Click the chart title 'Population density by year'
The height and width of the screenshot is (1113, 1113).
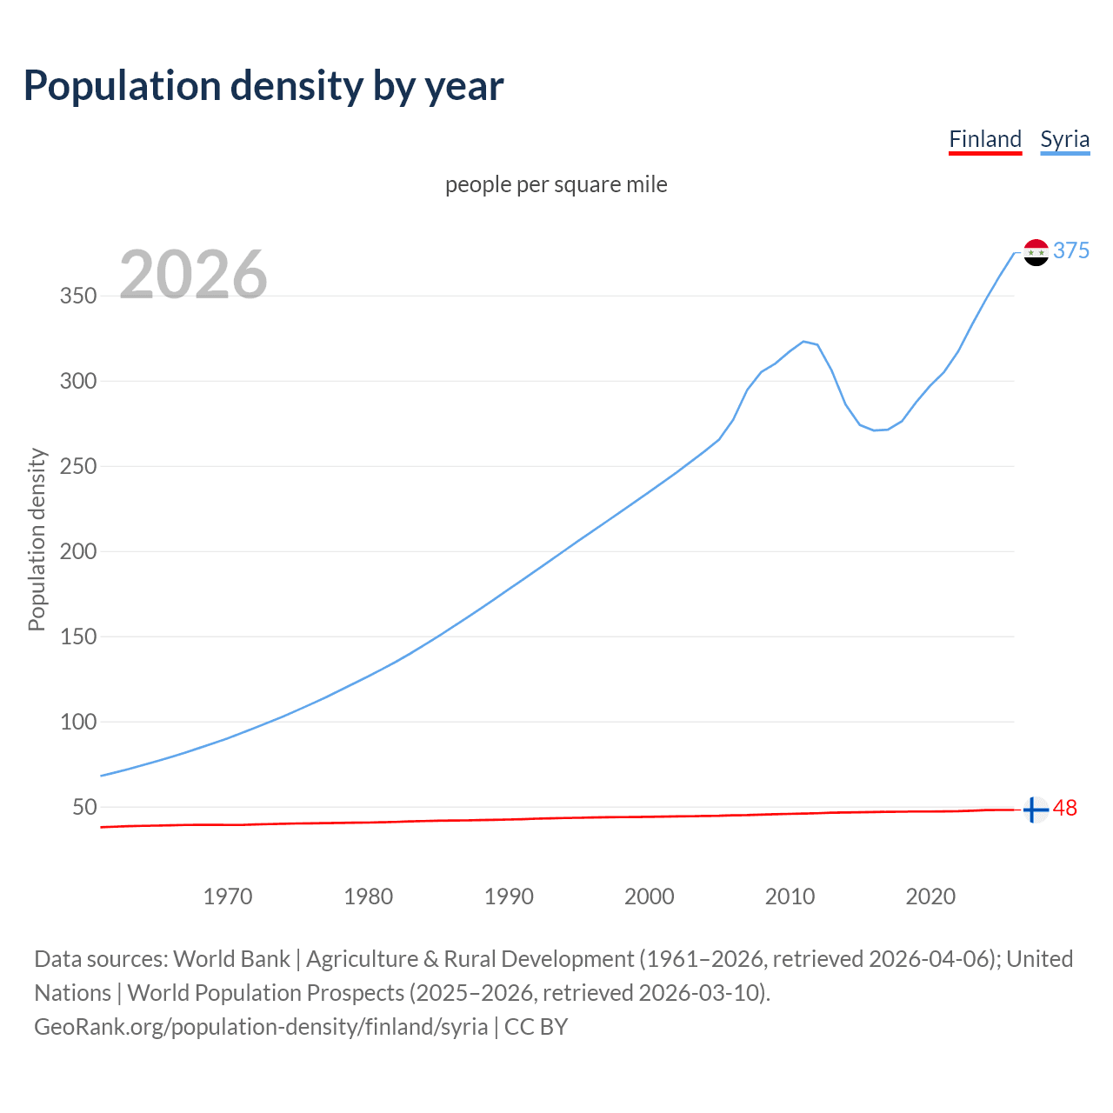coord(263,86)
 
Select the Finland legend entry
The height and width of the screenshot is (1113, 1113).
coord(984,139)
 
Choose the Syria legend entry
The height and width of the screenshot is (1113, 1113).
coord(1064,139)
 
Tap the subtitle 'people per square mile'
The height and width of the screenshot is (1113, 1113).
coord(556,184)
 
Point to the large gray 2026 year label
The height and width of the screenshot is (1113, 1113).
coord(193,275)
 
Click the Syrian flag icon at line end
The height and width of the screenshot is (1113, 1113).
coord(1036,252)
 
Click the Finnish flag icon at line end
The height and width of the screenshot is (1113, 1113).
coord(1035,810)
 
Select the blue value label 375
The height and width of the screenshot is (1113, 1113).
coord(1070,250)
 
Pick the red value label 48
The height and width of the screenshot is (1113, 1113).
coord(1064,809)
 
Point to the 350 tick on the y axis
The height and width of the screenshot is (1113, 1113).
coord(77,296)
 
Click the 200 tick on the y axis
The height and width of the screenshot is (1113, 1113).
coord(77,551)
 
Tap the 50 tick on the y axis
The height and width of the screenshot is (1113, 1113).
coord(83,807)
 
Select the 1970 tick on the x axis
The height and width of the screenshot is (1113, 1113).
coord(228,896)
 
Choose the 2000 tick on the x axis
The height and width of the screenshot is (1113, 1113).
coord(650,896)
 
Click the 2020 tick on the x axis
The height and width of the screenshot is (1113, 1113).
coord(930,896)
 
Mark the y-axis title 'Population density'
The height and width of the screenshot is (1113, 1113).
coord(37,539)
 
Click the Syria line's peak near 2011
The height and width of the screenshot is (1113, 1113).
coord(803,341)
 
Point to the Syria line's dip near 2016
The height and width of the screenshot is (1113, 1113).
coord(875,430)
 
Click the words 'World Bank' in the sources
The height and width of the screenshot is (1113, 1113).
coord(231,959)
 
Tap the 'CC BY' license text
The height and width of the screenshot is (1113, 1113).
coord(536,1027)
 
